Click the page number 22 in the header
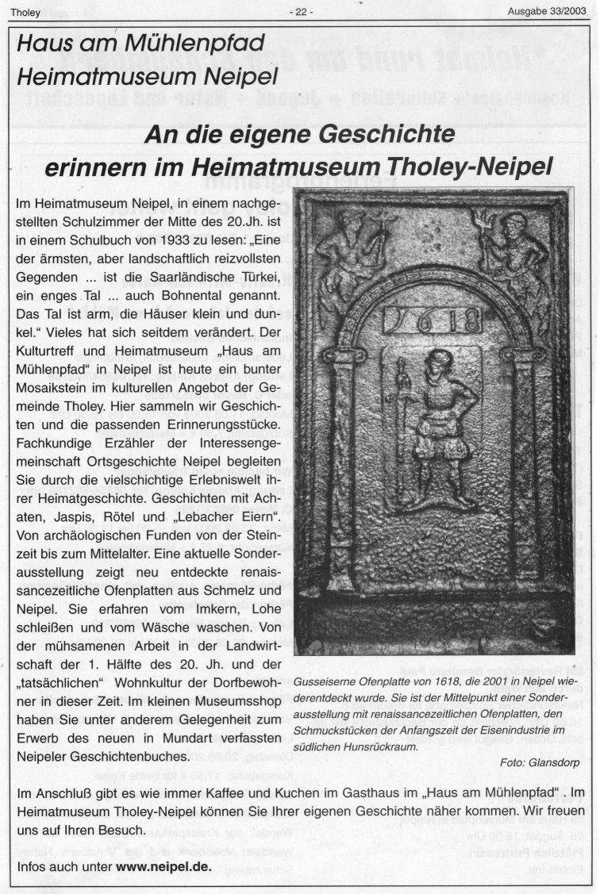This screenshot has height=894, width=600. click(x=301, y=12)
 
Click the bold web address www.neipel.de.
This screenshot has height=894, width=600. click(x=163, y=866)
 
